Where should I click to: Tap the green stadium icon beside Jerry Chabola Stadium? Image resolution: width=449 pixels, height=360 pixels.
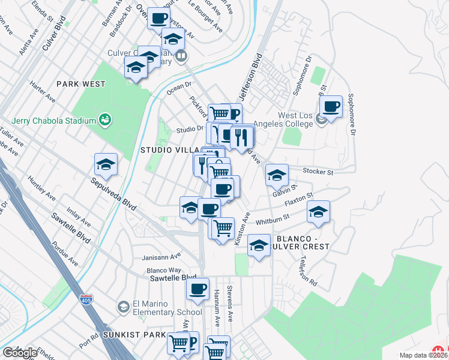tap(105, 120)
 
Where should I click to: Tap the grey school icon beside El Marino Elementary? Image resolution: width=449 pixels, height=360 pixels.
tap(123, 307)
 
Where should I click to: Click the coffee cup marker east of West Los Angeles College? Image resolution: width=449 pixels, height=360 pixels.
tap(331, 107)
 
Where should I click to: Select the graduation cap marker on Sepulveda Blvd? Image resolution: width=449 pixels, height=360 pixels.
tap(106, 165)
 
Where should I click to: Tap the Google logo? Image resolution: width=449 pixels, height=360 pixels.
tap(20, 353)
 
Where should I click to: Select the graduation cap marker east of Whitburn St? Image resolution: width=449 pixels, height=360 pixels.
tap(319, 212)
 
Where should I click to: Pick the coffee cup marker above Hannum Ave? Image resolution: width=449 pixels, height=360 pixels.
tap(197, 290)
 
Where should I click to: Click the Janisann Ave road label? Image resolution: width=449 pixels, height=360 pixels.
tap(160, 256)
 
